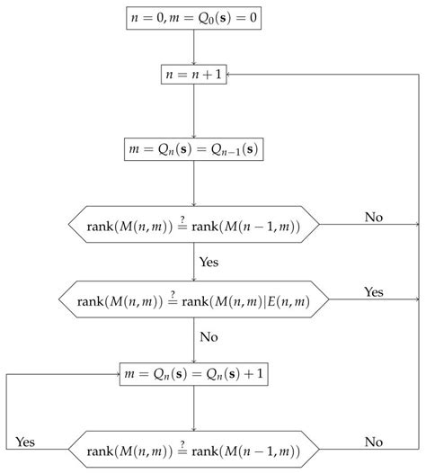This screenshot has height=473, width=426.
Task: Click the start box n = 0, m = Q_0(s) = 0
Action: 194,17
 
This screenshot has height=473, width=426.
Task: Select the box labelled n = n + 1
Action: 194,76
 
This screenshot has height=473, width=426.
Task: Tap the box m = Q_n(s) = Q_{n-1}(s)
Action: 194,148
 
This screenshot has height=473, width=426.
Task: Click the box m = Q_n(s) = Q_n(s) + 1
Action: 194,372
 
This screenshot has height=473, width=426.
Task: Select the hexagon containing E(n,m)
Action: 194,298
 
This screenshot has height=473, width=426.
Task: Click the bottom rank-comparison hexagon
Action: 194,447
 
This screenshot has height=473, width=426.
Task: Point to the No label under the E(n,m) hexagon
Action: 209,337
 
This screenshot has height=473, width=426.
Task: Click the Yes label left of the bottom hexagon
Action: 26,441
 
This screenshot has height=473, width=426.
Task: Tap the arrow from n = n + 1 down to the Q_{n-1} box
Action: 194,112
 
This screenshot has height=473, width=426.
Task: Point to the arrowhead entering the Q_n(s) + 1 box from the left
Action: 117,372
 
